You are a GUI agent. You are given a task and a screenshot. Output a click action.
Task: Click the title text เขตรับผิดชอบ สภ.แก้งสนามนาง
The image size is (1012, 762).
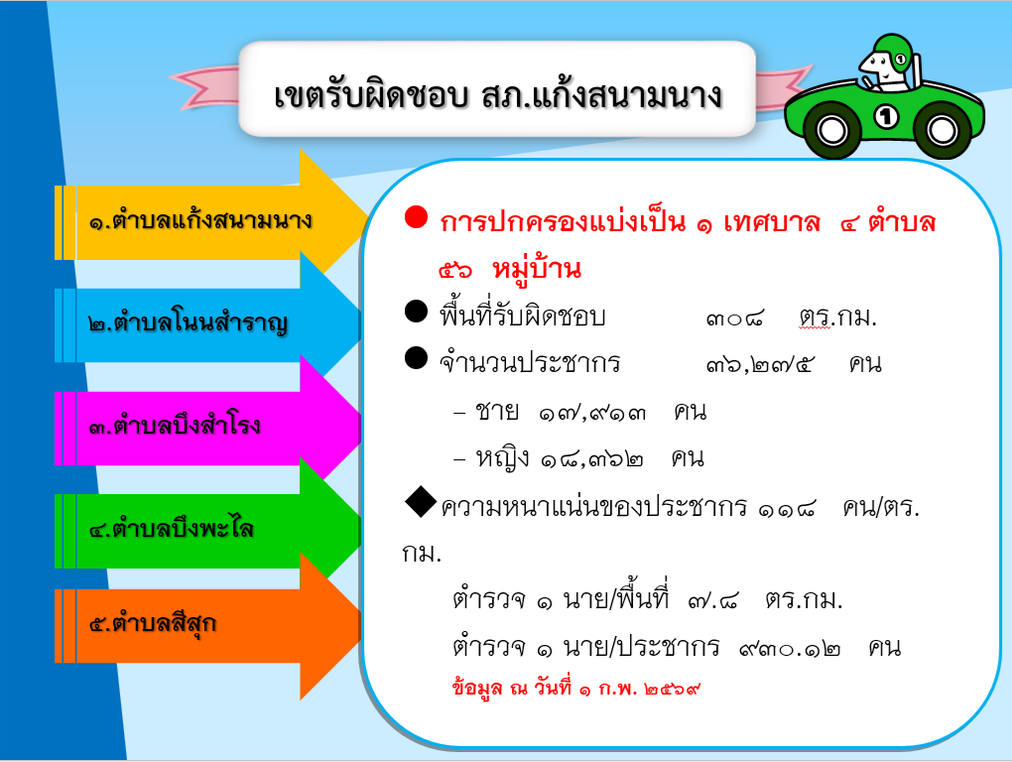tap(498, 94)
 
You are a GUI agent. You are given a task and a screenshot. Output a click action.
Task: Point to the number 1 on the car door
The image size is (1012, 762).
tap(886, 117)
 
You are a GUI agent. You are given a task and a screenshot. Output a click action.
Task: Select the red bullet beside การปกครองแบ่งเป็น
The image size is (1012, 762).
tap(417, 217)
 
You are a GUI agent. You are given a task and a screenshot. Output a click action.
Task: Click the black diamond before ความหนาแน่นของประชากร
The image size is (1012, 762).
tap(420, 502)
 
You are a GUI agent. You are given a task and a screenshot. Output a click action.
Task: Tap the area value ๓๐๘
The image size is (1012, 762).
tap(734, 317)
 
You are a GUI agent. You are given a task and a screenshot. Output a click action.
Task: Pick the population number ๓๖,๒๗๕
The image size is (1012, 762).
tap(760, 364)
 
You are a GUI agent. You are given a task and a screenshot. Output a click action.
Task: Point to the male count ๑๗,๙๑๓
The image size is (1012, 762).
tap(592, 412)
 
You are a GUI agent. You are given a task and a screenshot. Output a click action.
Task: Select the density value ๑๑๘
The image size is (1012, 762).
tap(787, 508)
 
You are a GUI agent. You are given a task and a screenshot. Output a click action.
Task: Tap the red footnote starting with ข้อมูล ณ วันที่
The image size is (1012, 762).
tap(575, 688)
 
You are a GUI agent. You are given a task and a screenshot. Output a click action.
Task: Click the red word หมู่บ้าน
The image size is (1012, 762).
tap(537, 269)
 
